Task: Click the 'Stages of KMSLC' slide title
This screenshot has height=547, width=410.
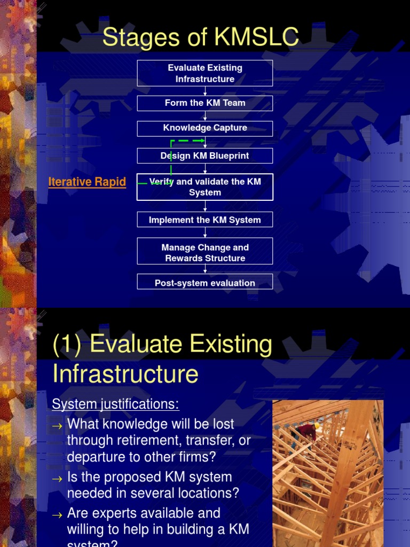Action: (201, 38)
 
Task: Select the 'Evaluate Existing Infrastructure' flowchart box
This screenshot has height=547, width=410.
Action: (205, 73)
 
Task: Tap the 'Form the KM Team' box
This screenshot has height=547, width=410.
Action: (205, 103)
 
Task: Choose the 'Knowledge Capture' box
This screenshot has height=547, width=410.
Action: (205, 128)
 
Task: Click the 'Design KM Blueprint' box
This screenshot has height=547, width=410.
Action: (205, 156)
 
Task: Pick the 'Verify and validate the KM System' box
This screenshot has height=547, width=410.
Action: (205, 187)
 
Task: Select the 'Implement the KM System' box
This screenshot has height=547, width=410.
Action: (205, 220)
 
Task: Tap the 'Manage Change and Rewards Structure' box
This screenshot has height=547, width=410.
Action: (205, 253)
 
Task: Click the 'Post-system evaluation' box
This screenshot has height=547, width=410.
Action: (205, 283)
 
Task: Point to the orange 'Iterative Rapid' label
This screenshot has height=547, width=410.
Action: (87, 182)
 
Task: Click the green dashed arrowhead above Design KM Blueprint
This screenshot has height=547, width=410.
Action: (202, 141)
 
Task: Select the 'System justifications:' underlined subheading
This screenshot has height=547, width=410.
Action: (115, 404)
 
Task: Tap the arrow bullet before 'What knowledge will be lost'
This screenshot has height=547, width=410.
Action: (57, 425)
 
